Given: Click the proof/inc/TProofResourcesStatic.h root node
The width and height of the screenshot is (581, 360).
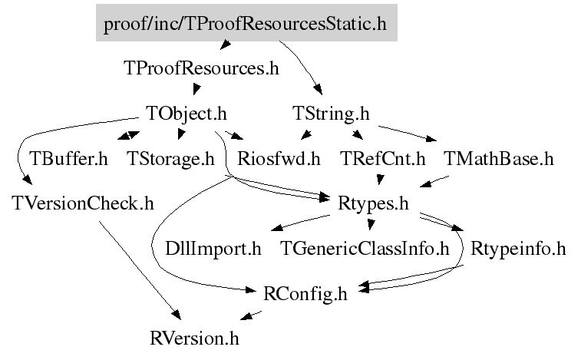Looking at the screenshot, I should [246, 24].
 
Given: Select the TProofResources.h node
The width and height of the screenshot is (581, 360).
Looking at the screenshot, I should [200, 68].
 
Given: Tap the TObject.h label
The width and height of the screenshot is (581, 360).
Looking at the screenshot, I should [187, 114].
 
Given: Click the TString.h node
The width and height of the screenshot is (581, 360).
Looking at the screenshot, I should [332, 114].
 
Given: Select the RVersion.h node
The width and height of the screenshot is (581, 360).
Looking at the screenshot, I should [199, 337].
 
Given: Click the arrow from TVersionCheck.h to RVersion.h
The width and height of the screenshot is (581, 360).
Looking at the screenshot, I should [138, 269].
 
